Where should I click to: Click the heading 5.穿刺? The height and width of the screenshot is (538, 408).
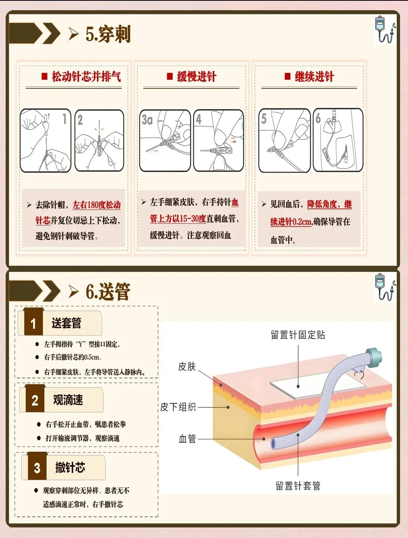pos(108,34)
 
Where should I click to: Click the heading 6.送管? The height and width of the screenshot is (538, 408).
pos(108,291)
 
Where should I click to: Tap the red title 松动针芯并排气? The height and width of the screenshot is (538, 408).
pos(86,76)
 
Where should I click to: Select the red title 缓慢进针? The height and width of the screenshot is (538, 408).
pos(197,76)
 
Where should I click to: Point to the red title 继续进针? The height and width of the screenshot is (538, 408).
pos(314,76)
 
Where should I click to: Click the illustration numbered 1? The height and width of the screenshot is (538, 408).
pos(46,141)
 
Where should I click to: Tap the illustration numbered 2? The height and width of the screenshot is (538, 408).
pos(99,141)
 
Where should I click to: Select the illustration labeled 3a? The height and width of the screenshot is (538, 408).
pos(165,141)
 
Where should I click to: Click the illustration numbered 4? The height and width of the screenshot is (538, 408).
pos(219,141)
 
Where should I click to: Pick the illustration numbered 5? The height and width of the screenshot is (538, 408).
pos(284,141)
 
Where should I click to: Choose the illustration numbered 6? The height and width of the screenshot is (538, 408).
pos(338,140)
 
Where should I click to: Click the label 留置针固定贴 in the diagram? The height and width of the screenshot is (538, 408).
pos(298,335)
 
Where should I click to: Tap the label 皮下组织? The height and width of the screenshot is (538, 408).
pos(178,407)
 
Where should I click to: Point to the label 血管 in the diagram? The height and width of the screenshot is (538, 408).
pos(187,439)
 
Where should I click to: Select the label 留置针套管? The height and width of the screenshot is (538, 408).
pos(298,486)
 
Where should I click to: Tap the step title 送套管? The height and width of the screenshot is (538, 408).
pos(66,323)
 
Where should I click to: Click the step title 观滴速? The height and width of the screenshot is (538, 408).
pos(68,400)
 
